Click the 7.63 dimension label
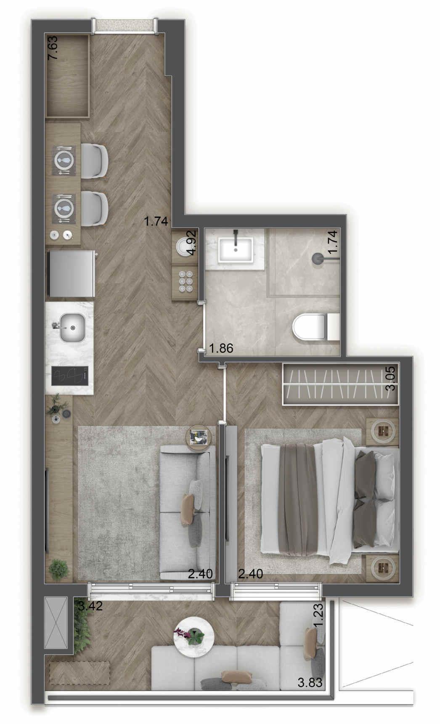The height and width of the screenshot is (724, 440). point(53,48)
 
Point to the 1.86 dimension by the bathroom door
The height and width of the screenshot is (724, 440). point(221,348)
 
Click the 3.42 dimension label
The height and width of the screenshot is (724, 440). point(90,606)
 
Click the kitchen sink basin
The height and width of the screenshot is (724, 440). point(72,327)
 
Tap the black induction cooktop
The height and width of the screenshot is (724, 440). point(70,376)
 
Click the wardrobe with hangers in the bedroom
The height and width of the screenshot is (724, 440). point(339,383)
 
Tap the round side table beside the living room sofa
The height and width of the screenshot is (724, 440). point(198,438)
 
